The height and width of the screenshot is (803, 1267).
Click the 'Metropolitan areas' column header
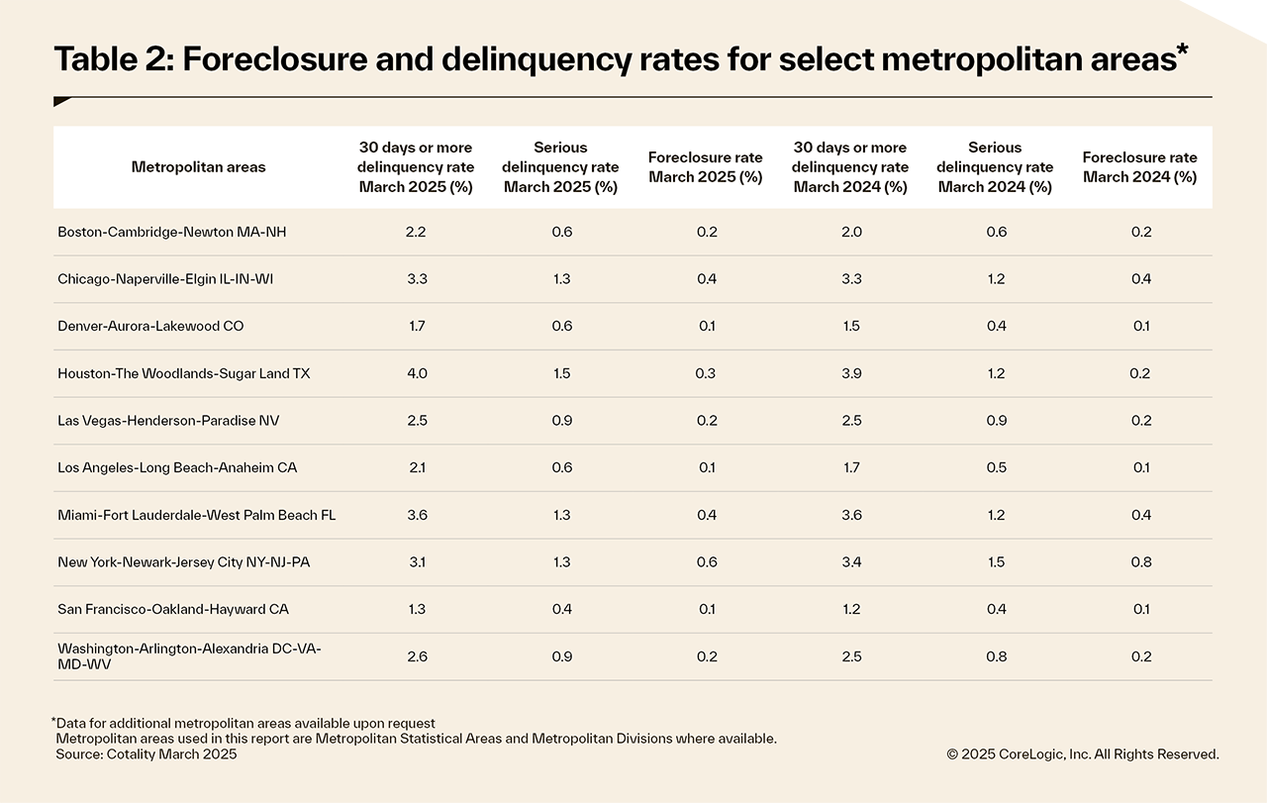[x=198, y=167]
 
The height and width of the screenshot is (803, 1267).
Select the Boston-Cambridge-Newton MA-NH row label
[x=157, y=232]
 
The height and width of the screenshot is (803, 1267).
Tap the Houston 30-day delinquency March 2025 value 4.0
[x=416, y=373]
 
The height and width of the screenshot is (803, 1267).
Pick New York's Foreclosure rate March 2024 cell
[x=1140, y=562]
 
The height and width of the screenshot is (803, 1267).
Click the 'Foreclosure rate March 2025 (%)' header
[x=705, y=167]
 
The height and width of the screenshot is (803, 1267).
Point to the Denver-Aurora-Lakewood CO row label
[x=150, y=326]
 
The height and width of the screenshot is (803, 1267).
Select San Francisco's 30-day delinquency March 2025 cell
[x=416, y=609]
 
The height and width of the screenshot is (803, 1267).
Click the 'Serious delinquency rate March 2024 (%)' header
[x=995, y=167]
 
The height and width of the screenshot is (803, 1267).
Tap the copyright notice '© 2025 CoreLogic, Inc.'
[x=1082, y=754]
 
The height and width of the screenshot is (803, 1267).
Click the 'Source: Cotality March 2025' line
[x=146, y=754]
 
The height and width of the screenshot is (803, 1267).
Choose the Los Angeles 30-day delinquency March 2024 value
[x=850, y=467]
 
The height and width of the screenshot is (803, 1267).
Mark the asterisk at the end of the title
[x=1182, y=50]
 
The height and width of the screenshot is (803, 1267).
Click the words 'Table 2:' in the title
[x=112, y=60]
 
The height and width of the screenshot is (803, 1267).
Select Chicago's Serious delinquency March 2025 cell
[x=561, y=279]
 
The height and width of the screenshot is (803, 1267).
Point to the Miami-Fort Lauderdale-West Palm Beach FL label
[x=197, y=515]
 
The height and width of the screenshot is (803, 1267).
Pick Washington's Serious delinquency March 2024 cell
[x=995, y=656]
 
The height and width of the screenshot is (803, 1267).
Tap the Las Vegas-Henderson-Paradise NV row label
[x=168, y=421]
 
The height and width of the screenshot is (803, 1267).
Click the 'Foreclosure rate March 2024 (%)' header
[x=1140, y=167]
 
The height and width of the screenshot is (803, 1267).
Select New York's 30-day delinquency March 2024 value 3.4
[x=850, y=562]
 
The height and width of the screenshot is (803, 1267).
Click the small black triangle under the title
[x=61, y=102]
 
